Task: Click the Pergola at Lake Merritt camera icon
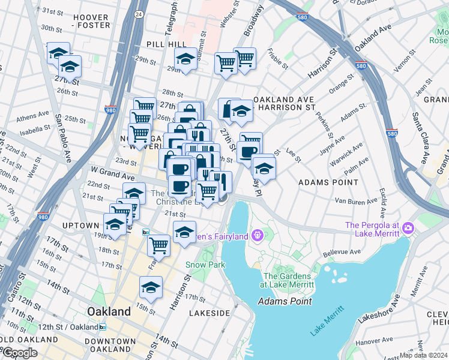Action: pyautogui.click(x=408, y=227)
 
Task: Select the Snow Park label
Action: pyautogui.click(x=205, y=265)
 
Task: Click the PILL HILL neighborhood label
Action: pyautogui.click(x=159, y=44)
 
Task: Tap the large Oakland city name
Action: pyautogui.click(x=109, y=312)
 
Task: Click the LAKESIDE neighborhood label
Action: pyautogui.click(x=209, y=313)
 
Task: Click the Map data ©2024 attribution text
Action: pyautogui.click(x=423, y=355)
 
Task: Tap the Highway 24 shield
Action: pyautogui.click(x=139, y=13)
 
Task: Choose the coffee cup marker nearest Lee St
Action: pyautogui.click(x=248, y=151)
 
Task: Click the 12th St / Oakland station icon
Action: pyautogui.click(x=103, y=327)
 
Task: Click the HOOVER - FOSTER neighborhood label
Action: pyautogui.click(x=91, y=22)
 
